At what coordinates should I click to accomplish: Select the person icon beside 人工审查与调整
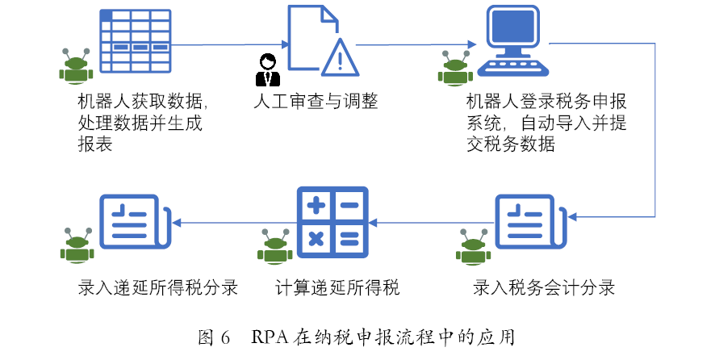pyautogui.click(x=267, y=69)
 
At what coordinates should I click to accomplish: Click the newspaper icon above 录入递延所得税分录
pyautogui.click(x=133, y=223)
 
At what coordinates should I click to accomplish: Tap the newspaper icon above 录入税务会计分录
pyautogui.click(x=529, y=223)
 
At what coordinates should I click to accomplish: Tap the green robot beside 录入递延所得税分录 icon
pyautogui.click(x=77, y=245)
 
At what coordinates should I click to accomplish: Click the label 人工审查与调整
pyautogui.click(x=316, y=103)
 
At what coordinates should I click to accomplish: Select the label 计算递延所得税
pyautogui.click(x=337, y=287)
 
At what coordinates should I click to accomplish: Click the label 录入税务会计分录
pyautogui.click(x=544, y=287)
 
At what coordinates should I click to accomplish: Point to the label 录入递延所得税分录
pyautogui.click(x=157, y=287)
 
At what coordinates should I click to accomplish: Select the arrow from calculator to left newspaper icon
pyautogui.click(x=235, y=222)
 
